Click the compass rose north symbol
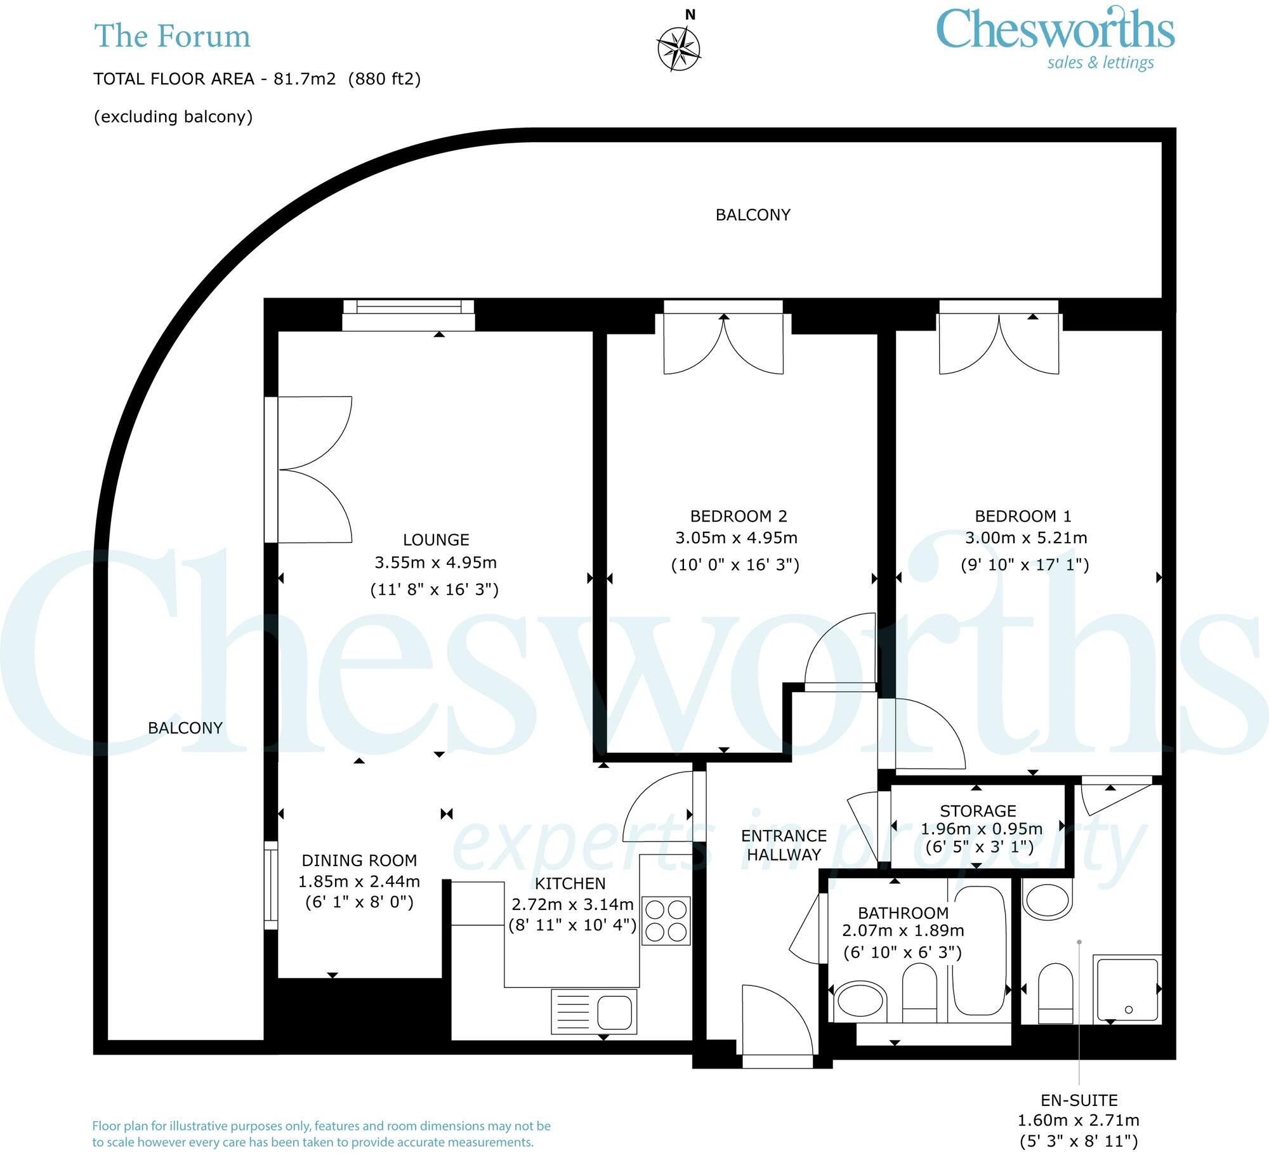click(x=678, y=48)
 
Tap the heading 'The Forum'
click(x=172, y=36)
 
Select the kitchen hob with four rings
click(x=666, y=921)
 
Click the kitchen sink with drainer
click(x=594, y=1011)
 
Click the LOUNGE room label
click(x=436, y=540)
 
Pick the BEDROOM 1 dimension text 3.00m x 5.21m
click(x=1026, y=538)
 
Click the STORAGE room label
click(x=978, y=810)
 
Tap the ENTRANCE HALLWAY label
click(x=784, y=845)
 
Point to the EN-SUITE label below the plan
click(x=1079, y=1100)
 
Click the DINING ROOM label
click(x=359, y=860)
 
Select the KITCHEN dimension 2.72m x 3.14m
click(x=572, y=904)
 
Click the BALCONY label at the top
click(x=753, y=215)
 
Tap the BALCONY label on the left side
click(x=185, y=728)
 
